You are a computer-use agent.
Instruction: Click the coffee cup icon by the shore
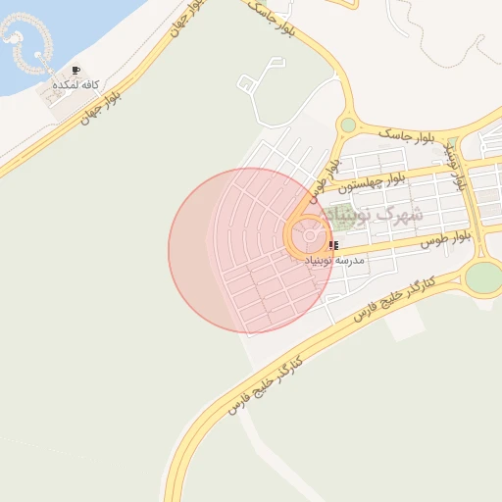76,71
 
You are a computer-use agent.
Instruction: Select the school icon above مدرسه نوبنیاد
334,245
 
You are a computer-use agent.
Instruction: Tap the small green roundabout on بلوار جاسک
348,125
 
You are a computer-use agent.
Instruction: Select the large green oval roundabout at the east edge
482,277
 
